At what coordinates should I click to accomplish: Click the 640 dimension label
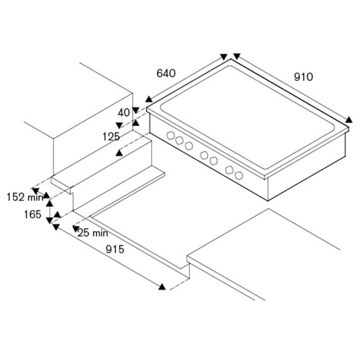pos(166,73)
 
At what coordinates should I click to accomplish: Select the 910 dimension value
pos(303,77)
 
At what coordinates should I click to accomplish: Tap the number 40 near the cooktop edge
pos(124,112)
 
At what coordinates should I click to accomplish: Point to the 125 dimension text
pos(111,137)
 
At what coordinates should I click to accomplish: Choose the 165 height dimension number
pos(33,215)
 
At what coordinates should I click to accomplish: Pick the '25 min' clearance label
pos(93,233)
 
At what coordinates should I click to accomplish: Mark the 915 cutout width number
pos(115,249)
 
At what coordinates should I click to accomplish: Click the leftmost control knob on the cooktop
pos(170,135)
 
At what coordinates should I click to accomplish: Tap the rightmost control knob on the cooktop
pos(239,176)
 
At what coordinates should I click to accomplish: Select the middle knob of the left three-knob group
pos(179,140)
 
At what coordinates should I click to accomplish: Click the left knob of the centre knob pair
pos(204,155)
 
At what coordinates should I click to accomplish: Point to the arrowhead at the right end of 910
pos(349,120)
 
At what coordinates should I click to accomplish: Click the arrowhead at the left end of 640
pos(149,99)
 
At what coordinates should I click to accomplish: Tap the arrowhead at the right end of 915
pos(162,287)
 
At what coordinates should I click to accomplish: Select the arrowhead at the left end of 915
pos(56,227)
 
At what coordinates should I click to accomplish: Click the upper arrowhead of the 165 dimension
pos(50,203)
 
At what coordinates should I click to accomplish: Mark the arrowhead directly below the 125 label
pos(119,153)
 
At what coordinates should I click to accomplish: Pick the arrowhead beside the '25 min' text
pos(76,228)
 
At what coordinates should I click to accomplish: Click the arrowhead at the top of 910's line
pos(237,56)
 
